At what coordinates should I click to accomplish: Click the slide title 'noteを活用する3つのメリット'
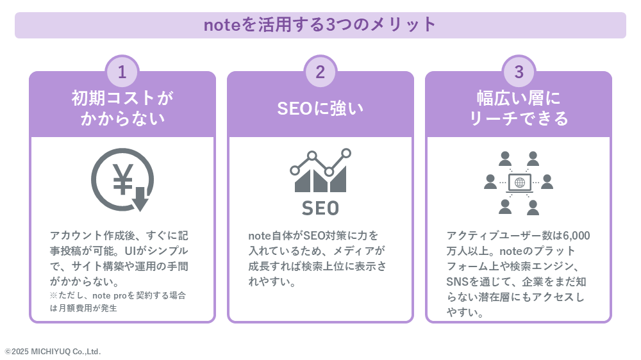click(x=320, y=24)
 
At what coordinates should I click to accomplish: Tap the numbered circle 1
click(x=122, y=72)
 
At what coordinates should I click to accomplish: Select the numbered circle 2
click(x=320, y=72)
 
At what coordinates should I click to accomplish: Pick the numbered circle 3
click(x=519, y=72)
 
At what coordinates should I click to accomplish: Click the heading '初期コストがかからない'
click(x=122, y=108)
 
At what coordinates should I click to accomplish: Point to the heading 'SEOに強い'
click(x=320, y=109)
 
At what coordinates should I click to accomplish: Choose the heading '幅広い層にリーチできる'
click(x=519, y=108)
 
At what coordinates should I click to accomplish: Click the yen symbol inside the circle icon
click(x=122, y=179)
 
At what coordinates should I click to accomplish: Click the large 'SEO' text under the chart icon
click(x=320, y=208)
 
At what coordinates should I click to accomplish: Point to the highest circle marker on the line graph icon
click(x=346, y=153)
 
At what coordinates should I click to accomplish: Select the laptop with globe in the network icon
click(x=520, y=183)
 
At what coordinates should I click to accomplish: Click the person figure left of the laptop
click(x=490, y=182)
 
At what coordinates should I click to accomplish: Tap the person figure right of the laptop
click(x=547, y=182)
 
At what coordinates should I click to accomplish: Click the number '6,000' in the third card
click(x=576, y=236)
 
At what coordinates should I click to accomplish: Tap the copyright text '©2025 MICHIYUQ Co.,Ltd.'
click(x=53, y=352)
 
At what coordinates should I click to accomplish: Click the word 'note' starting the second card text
click(x=260, y=236)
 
